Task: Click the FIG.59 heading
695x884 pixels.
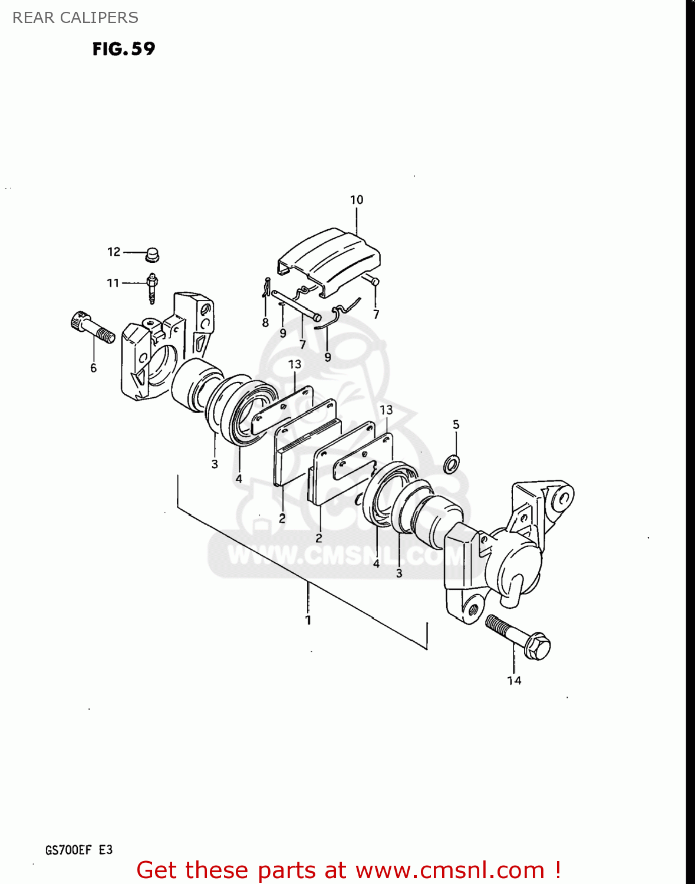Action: [x=124, y=48]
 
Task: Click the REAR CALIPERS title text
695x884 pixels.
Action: [x=75, y=18]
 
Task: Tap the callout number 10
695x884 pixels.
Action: [x=357, y=200]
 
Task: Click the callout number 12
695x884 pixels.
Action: [x=114, y=252]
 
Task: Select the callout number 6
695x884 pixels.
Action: [x=93, y=368]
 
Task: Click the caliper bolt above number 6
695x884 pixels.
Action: [x=93, y=328]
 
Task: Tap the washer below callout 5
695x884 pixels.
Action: [x=452, y=464]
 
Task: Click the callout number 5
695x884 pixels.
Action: [x=456, y=424]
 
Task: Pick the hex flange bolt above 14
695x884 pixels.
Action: [x=519, y=638]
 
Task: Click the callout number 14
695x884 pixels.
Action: [x=514, y=681]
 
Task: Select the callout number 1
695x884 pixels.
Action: [x=308, y=620]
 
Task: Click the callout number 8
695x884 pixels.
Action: [x=265, y=322]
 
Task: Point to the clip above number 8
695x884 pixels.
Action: [x=266, y=288]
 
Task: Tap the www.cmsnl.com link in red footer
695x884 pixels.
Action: [x=450, y=870]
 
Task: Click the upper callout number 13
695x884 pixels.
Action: [x=295, y=364]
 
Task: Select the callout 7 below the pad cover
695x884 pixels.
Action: [x=376, y=315]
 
